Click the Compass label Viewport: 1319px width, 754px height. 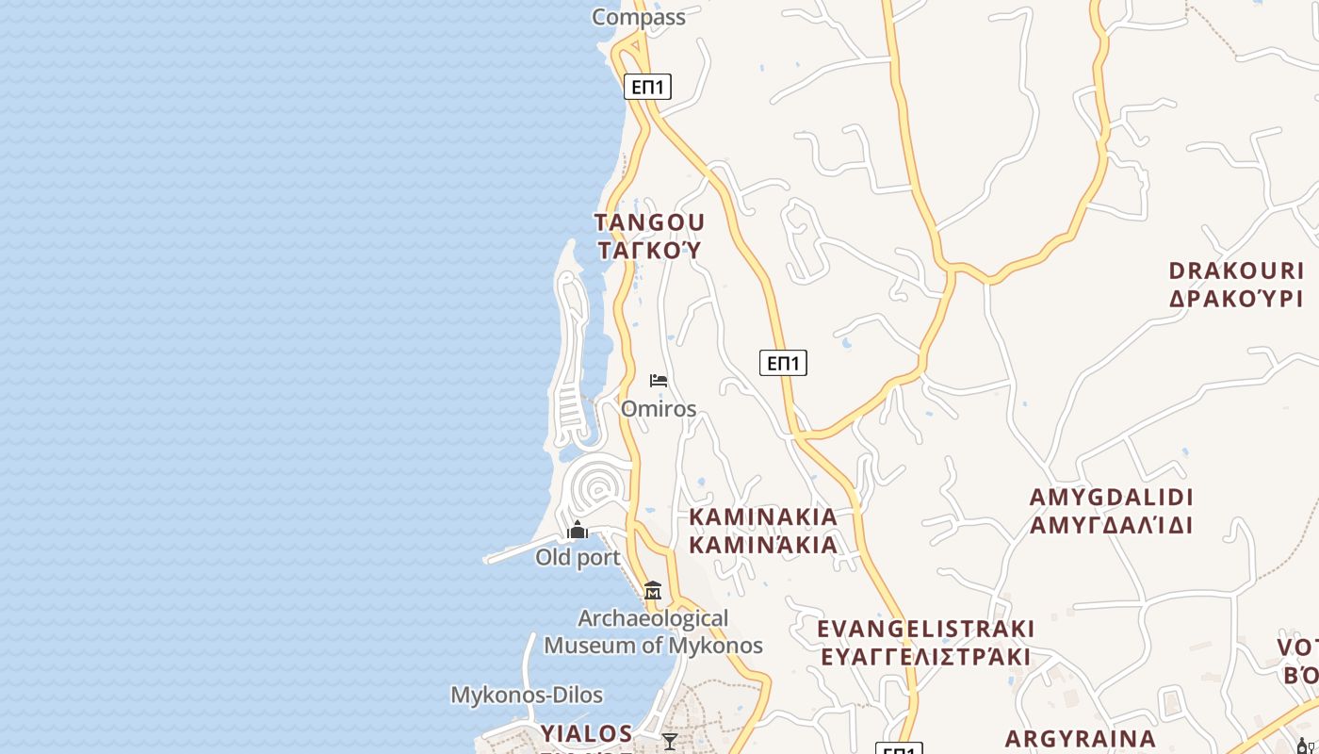[638, 17]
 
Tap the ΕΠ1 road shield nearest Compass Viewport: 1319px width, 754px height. [647, 87]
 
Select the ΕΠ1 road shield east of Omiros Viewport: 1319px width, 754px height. [783, 363]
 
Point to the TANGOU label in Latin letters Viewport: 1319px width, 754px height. [649, 222]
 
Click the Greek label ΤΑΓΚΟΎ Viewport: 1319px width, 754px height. [649, 250]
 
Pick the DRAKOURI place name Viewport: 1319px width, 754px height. [1236, 271]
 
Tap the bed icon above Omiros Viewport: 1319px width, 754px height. [659, 381]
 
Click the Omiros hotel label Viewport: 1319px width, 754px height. [659, 409]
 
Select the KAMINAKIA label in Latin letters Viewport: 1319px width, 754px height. [763, 516]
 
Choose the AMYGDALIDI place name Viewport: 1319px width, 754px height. [1112, 498]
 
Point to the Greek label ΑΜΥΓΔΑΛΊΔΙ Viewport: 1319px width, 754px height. [1112, 525]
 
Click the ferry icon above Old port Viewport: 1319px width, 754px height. [578, 531]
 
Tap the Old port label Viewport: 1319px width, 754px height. [578, 558]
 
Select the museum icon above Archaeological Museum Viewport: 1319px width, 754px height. [652, 591]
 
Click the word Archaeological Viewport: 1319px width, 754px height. [653, 619]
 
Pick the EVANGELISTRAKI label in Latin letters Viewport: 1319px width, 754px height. [926, 629]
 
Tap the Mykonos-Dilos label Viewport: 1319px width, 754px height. [527, 696]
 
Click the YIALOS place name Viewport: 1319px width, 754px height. [586, 733]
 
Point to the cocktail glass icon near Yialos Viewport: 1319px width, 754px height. [670, 742]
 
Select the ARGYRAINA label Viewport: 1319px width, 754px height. [1081, 739]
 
